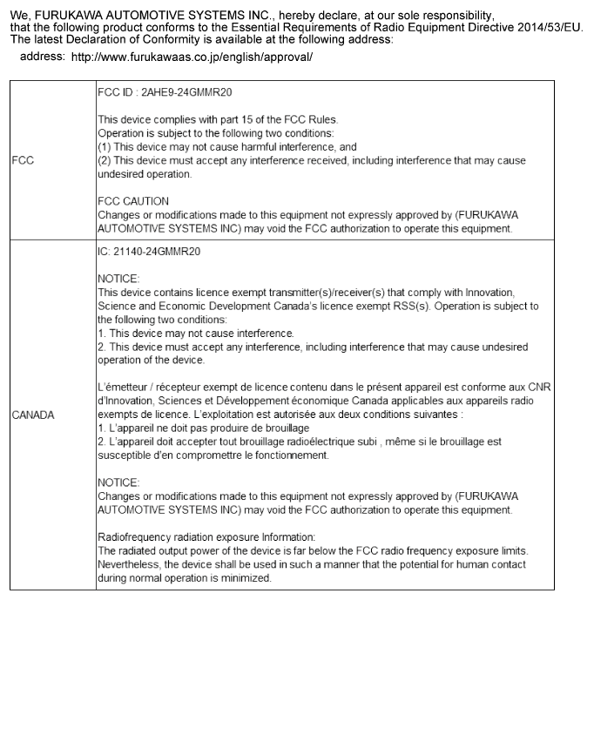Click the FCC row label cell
click(23, 160)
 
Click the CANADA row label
click(33, 415)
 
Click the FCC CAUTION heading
click(133, 201)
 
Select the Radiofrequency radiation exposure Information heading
click(206, 536)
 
